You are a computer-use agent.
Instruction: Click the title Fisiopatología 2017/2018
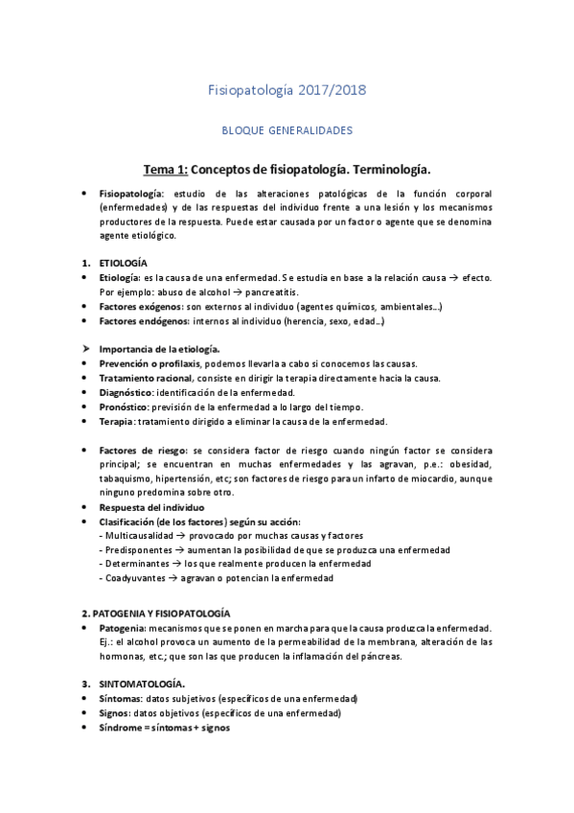(x=287, y=90)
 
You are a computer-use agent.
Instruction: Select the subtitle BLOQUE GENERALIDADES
(x=287, y=128)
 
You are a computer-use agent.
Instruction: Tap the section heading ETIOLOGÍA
(x=124, y=262)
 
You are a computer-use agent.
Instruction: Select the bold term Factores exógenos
(x=137, y=306)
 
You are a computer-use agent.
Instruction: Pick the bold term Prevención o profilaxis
(x=150, y=363)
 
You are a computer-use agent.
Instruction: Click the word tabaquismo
(x=129, y=478)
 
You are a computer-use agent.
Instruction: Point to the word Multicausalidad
(x=144, y=535)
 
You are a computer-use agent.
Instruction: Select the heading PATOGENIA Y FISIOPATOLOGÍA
(x=169, y=612)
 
